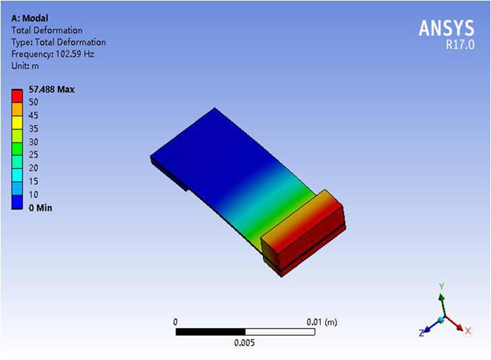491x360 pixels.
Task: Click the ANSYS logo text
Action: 446,28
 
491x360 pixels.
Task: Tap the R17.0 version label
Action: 460,45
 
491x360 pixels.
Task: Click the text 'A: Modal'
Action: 30,18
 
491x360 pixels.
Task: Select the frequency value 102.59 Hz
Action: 75,54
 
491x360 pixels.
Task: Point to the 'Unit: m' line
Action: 25,66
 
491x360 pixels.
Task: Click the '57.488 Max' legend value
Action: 51,89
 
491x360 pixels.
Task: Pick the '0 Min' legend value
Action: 40,208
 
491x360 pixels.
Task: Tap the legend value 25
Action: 33,155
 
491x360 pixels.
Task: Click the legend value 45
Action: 33,115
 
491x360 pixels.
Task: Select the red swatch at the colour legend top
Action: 17,96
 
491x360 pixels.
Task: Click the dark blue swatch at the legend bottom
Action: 17,202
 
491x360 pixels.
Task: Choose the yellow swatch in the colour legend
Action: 17,122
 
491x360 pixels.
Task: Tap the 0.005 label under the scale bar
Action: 244,342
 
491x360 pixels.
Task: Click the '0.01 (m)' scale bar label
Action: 321,322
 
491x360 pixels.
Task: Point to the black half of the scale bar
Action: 210,332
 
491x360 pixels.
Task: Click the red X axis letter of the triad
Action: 468,331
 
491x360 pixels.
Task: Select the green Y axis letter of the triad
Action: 441,285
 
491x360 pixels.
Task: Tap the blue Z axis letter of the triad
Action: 421,333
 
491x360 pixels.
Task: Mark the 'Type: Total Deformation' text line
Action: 58,42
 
